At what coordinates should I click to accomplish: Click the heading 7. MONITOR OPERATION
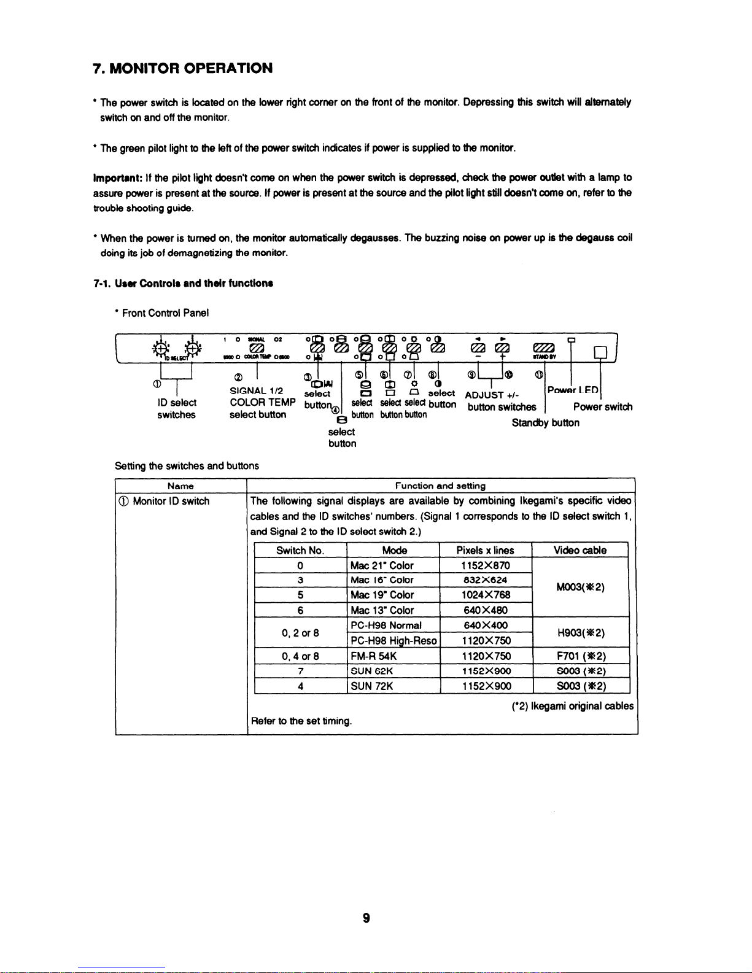182,68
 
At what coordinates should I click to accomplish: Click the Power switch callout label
602,407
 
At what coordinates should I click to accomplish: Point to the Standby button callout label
545,423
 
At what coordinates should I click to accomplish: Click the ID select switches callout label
176,409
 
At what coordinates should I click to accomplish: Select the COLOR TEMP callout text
263,403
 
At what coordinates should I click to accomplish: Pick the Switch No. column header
300,551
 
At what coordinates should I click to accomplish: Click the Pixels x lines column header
485,551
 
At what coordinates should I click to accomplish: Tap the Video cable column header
580,551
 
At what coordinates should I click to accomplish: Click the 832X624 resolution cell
486,580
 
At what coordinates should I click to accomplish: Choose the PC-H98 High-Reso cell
393,641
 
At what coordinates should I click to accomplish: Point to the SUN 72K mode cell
371,686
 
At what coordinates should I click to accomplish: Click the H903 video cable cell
580,633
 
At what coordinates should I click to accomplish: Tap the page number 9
366,918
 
